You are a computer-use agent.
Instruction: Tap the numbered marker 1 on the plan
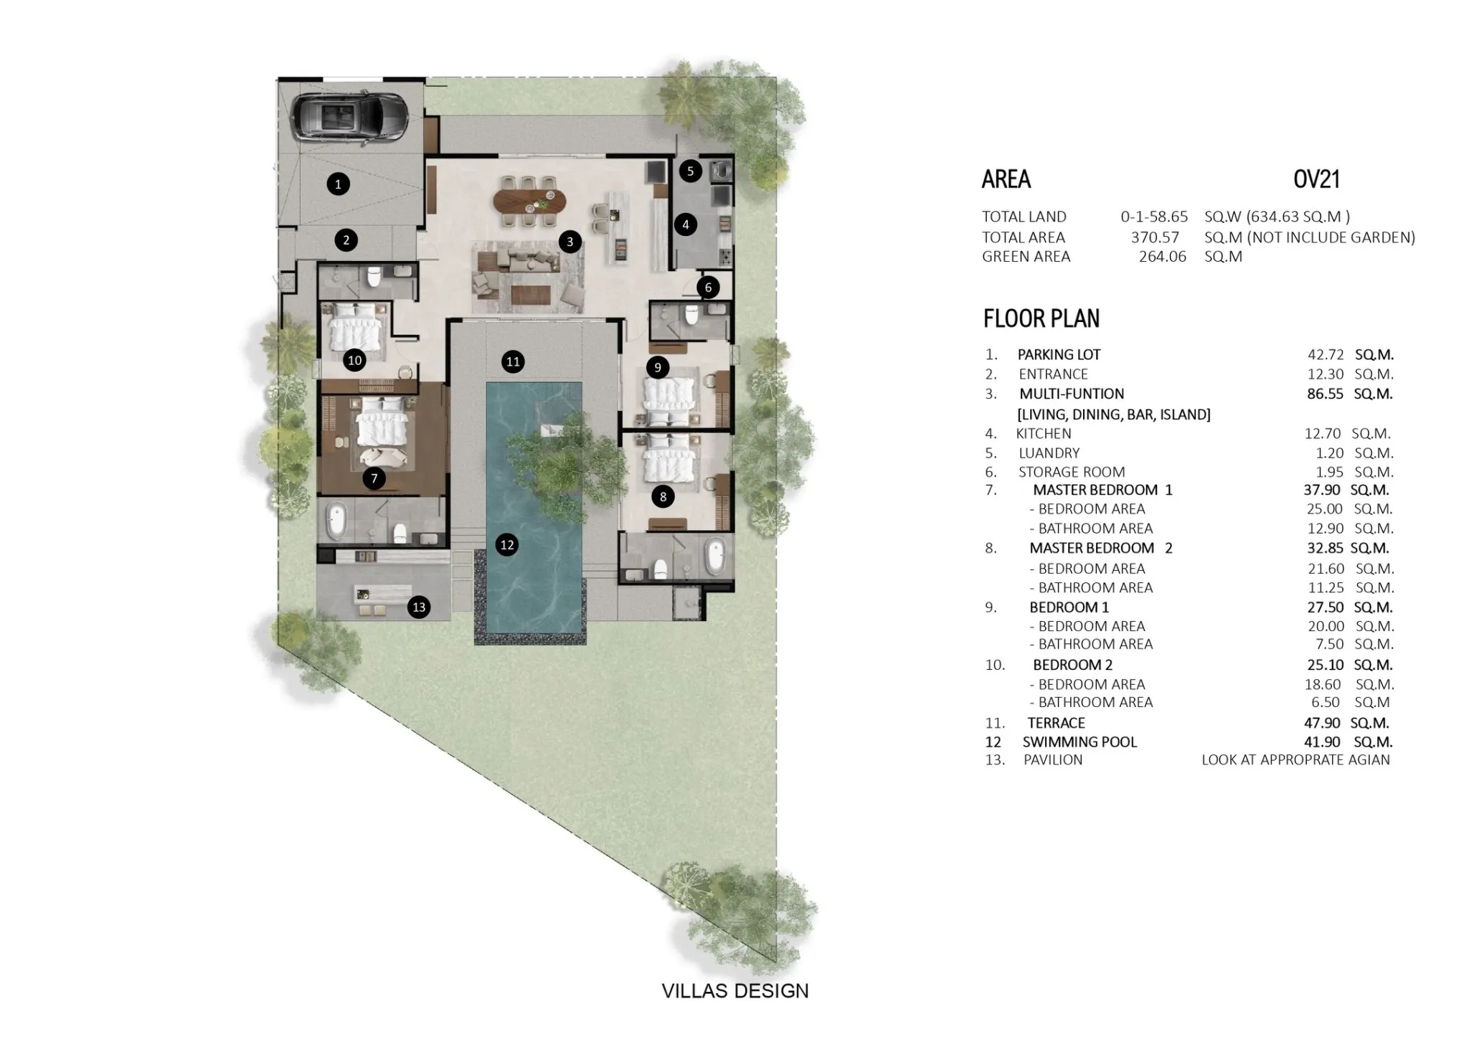[338, 184]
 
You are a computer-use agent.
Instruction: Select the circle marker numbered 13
[419, 607]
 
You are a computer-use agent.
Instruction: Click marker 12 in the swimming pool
[507, 545]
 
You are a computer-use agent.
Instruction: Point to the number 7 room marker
[374, 478]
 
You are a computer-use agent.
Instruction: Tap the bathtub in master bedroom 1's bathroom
[335, 521]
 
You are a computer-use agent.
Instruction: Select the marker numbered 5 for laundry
[690, 171]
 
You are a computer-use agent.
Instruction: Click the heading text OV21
[1316, 179]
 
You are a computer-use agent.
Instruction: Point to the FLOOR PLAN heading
[1041, 318]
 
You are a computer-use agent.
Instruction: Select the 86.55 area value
[1325, 394]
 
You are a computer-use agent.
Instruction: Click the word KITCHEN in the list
[1044, 433]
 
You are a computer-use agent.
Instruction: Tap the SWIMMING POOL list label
[1080, 742]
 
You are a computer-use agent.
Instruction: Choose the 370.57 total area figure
[1155, 237]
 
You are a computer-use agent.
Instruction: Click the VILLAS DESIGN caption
[735, 991]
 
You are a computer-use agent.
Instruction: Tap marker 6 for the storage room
[708, 288]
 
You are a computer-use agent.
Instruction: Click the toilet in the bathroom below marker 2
[373, 278]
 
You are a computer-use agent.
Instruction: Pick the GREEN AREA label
[1026, 257]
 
